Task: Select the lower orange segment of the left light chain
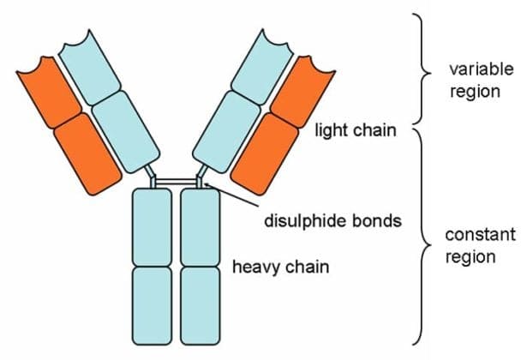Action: [87, 154]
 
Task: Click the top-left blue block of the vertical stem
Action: [153, 227]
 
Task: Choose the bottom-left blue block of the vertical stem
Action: [153, 304]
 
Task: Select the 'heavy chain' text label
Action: [281, 267]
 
